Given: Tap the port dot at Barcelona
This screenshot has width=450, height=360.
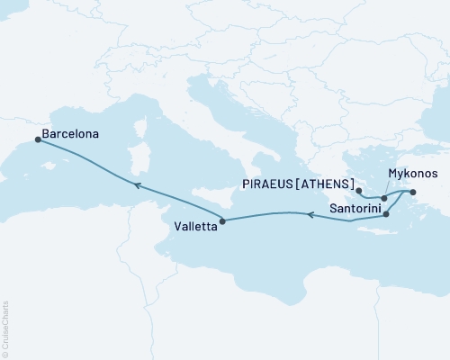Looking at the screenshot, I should click(37, 139).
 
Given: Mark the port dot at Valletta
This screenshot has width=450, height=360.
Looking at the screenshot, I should click(223, 219).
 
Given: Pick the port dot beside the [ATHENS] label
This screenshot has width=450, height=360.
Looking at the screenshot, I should click(358, 191).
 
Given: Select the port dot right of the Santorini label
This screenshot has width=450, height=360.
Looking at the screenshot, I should click(386, 214).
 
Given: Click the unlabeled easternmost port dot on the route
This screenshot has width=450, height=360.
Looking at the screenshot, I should click(412, 192).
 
